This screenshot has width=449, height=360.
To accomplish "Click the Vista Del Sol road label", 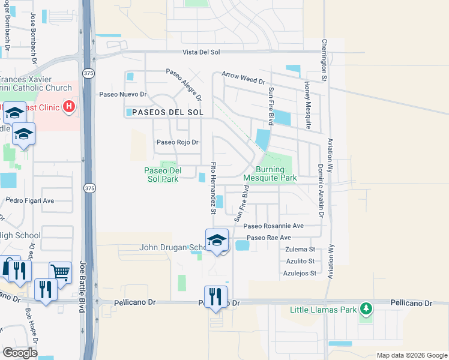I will [x=203, y=52].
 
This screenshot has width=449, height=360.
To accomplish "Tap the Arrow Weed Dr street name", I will [x=243, y=80].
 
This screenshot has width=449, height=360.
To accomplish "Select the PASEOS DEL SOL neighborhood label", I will [x=168, y=112].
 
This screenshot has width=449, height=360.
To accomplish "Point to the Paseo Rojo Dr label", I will [x=177, y=142].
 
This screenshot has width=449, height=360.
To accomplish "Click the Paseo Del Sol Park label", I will [x=161, y=175].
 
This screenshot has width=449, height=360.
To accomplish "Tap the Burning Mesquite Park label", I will [x=270, y=174].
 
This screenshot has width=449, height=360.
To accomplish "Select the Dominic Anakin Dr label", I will [x=321, y=190].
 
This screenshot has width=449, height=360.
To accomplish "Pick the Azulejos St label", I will [x=299, y=273].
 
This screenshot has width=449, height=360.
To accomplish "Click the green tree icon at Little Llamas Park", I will [x=366, y=310].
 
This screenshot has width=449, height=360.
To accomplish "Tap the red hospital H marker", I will [x=70, y=107].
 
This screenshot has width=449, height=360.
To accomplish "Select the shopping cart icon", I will [x=60, y=272].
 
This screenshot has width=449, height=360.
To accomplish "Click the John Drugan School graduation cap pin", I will [x=217, y=241].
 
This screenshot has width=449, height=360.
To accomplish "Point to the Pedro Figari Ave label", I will [x=30, y=200].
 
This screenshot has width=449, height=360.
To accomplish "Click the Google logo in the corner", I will [x=20, y=353].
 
